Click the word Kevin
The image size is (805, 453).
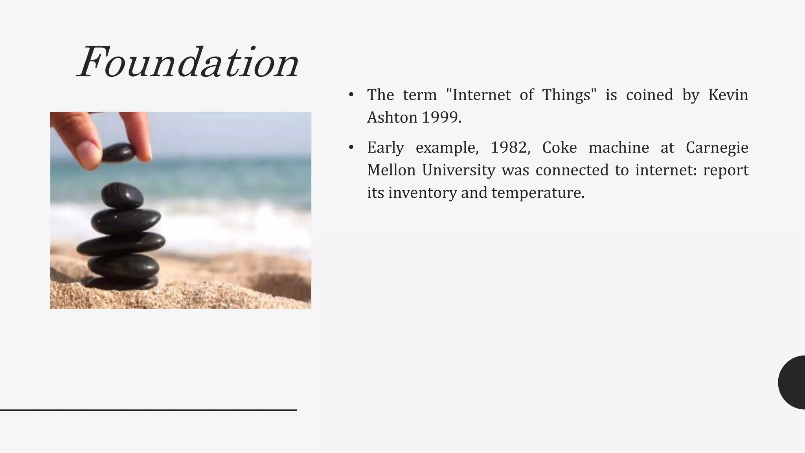(x=728, y=95)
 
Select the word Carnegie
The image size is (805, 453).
(x=717, y=147)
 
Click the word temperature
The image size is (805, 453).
(x=538, y=193)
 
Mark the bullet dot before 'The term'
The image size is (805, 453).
(x=351, y=95)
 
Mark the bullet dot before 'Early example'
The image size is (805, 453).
(x=351, y=147)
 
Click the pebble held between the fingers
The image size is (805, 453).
(x=118, y=152)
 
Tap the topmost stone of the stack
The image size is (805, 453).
(x=122, y=195)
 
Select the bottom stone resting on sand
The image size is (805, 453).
(x=122, y=282)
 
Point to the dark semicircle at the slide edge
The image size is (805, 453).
(x=792, y=382)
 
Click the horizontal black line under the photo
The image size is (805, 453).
(x=148, y=410)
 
